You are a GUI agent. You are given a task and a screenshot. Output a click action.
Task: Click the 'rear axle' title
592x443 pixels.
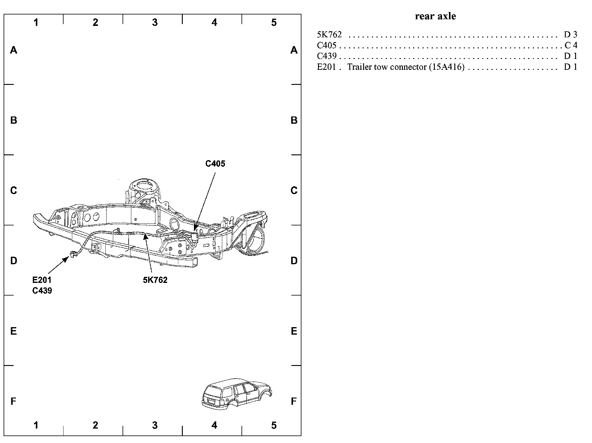(x=435, y=16)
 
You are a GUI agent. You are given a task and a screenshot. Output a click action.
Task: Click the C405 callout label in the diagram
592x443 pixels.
(x=215, y=164)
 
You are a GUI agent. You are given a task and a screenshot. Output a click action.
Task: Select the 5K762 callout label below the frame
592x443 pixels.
(x=155, y=280)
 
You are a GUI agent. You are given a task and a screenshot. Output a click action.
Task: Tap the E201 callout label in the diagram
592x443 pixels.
(x=42, y=280)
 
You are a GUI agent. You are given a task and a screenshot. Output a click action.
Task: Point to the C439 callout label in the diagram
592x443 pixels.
(x=42, y=291)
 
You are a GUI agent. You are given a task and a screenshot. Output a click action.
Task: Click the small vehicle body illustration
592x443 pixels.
(x=236, y=394)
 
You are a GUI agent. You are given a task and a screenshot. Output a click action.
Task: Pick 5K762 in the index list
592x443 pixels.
(x=329, y=35)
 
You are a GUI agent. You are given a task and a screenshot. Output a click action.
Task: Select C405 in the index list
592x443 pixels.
(x=327, y=45)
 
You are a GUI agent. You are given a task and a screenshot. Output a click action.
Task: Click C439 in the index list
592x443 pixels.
(x=327, y=56)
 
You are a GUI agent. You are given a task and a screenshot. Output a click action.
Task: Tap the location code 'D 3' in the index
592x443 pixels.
(x=570, y=35)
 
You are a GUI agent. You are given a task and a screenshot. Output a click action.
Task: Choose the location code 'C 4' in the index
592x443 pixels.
(x=571, y=45)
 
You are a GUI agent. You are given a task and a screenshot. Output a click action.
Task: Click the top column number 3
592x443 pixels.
(x=155, y=23)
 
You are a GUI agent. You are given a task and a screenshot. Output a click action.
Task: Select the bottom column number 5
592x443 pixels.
(x=273, y=425)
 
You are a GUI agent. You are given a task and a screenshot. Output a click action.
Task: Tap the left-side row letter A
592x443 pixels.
(x=14, y=50)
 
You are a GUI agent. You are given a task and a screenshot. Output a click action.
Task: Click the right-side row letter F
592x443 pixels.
(x=294, y=401)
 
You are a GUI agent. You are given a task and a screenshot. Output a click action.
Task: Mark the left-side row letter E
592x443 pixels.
(x=14, y=331)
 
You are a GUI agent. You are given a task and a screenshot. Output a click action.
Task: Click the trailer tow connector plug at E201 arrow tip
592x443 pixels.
(x=73, y=255)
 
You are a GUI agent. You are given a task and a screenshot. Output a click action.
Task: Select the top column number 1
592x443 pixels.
(x=36, y=23)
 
